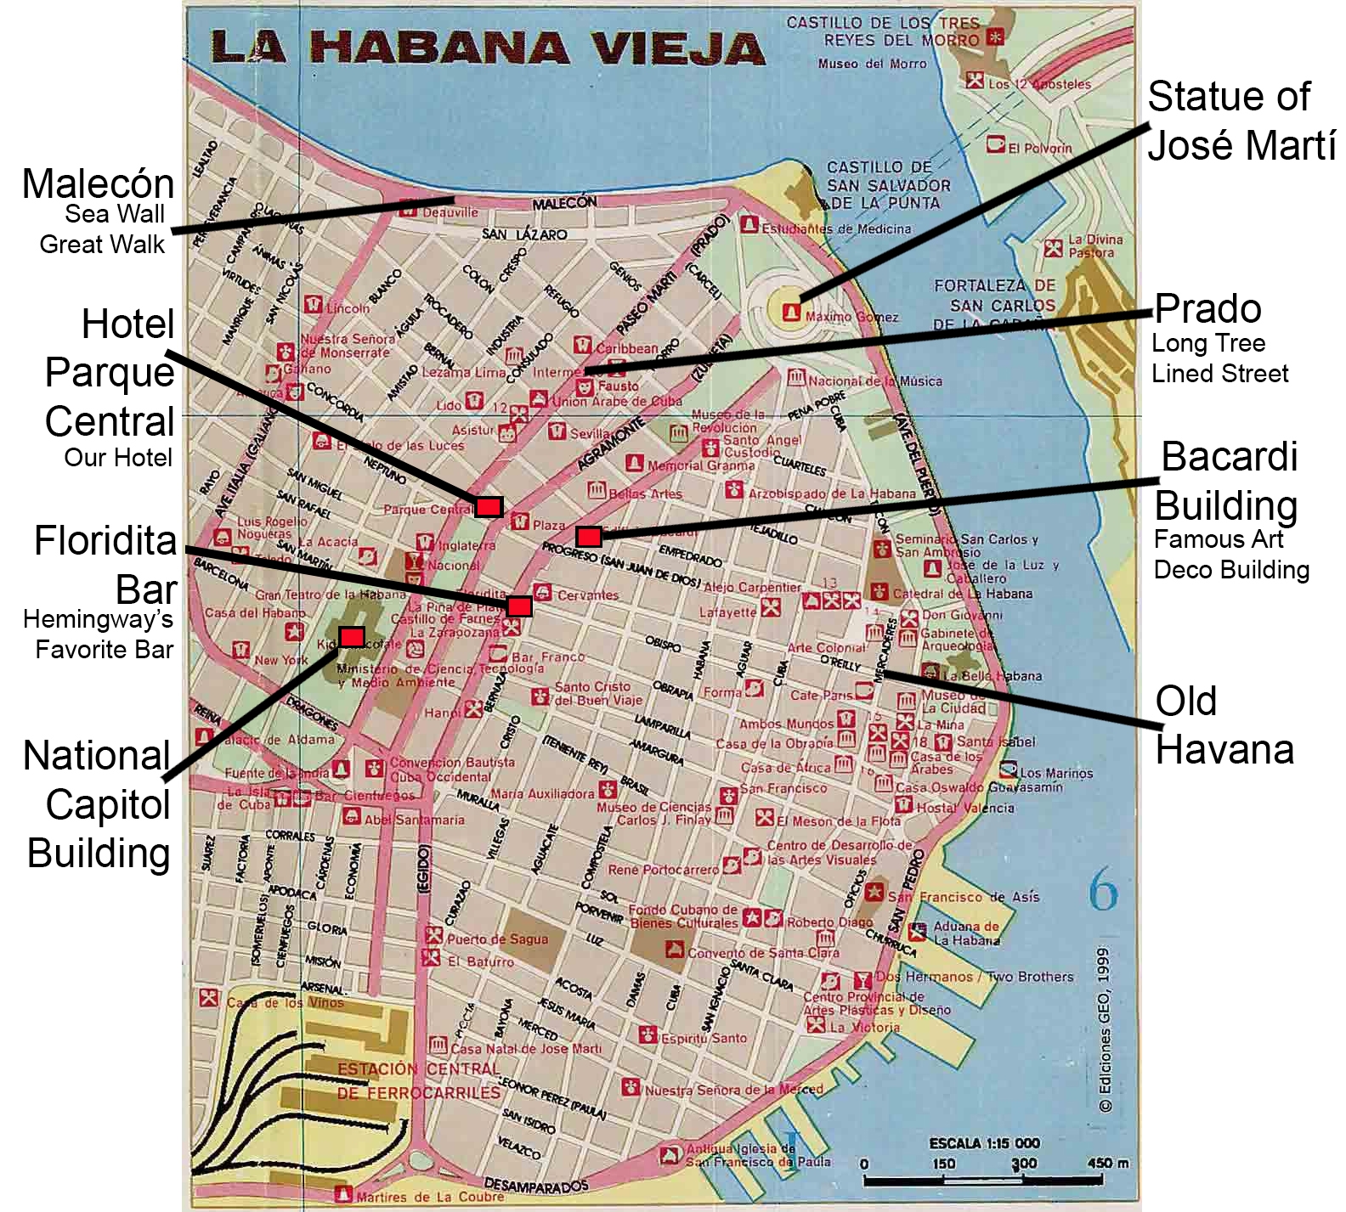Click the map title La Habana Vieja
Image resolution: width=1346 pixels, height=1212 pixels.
point(488,48)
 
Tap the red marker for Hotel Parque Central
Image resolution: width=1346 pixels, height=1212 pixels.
point(489,507)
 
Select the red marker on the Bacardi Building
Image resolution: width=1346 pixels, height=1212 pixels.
point(589,536)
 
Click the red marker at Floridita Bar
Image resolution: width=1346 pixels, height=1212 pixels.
point(519,606)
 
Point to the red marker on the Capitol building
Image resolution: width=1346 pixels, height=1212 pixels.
point(352,637)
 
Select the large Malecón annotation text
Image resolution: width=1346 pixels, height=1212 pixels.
point(98,183)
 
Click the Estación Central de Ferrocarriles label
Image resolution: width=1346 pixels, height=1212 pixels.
point(419,1080)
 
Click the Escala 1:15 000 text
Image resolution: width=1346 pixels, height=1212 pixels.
point(984,1143)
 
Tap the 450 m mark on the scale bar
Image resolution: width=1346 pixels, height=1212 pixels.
point(1107,1163)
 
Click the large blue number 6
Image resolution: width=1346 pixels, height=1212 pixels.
point(1103,892)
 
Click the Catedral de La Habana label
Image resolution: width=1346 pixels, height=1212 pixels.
point(962,594)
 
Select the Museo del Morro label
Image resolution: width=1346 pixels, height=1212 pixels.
point(872,64)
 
